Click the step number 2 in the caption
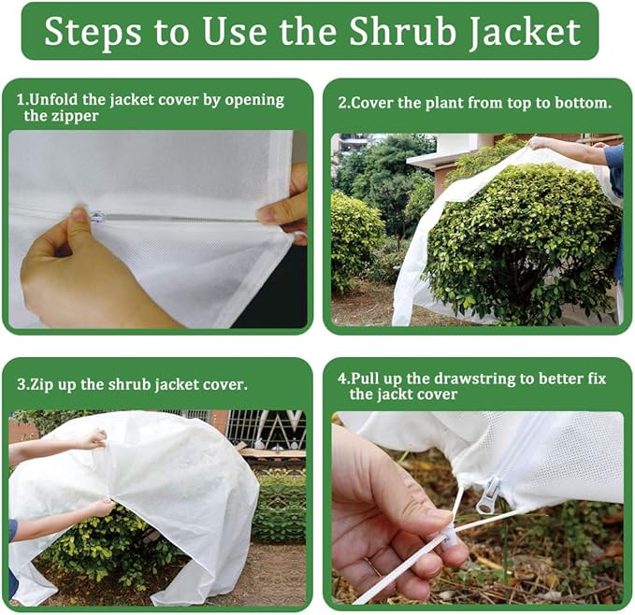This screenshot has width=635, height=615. (342, 102)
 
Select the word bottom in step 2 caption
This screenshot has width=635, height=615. (584, 102)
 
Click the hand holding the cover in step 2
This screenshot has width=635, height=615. (541, 143)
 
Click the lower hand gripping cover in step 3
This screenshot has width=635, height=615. (98, 508)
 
